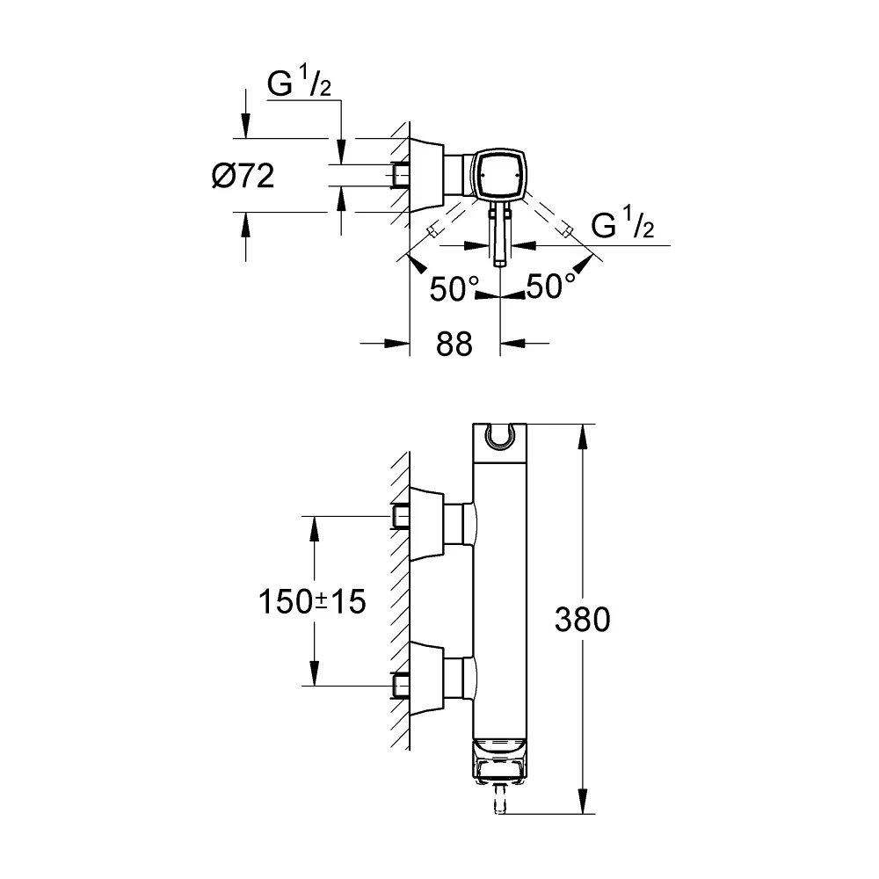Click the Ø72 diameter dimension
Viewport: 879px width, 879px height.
coord(243,176)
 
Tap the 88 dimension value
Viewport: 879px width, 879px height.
coord(454,344)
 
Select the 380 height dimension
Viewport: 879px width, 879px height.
coord(583,620)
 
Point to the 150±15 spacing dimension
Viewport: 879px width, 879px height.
coord(312,601)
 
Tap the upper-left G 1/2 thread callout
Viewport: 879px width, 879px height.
coord(299,83)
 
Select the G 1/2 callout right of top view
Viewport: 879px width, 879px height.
coord(622,223)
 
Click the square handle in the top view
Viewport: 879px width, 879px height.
coord(498,175)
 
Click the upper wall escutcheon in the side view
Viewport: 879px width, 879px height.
coord(427,524)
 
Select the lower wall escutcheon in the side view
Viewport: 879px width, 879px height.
coord(427,679)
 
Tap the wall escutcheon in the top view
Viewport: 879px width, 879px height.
coord(427,175)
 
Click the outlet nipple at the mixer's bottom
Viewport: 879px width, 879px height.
coord(499,798)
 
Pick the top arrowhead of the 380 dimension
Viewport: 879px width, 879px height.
coord(583,436)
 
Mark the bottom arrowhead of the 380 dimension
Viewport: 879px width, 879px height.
coord(583,801)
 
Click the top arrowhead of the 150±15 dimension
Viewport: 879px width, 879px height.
coord(314,528)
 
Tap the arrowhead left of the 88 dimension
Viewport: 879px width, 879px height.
coord(397,343)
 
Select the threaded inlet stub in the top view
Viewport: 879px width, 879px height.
coord(400,176)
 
